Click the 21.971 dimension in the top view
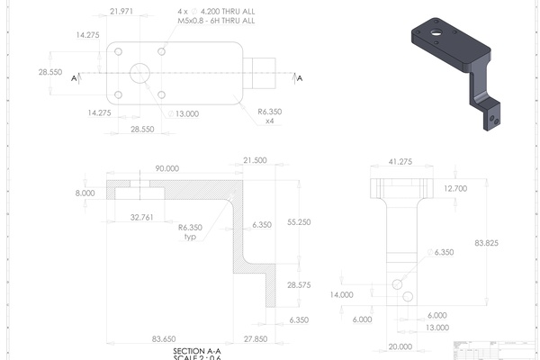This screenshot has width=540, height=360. coord(121,12)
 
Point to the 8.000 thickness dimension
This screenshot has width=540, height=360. coord(85,193)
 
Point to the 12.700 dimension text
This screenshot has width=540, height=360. coord(457,188)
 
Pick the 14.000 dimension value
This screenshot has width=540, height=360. coord(341,294)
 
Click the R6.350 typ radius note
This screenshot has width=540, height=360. coord(189,232)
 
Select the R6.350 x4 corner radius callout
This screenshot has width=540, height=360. coord(270,116)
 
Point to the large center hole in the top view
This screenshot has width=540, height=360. coord(139,73)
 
